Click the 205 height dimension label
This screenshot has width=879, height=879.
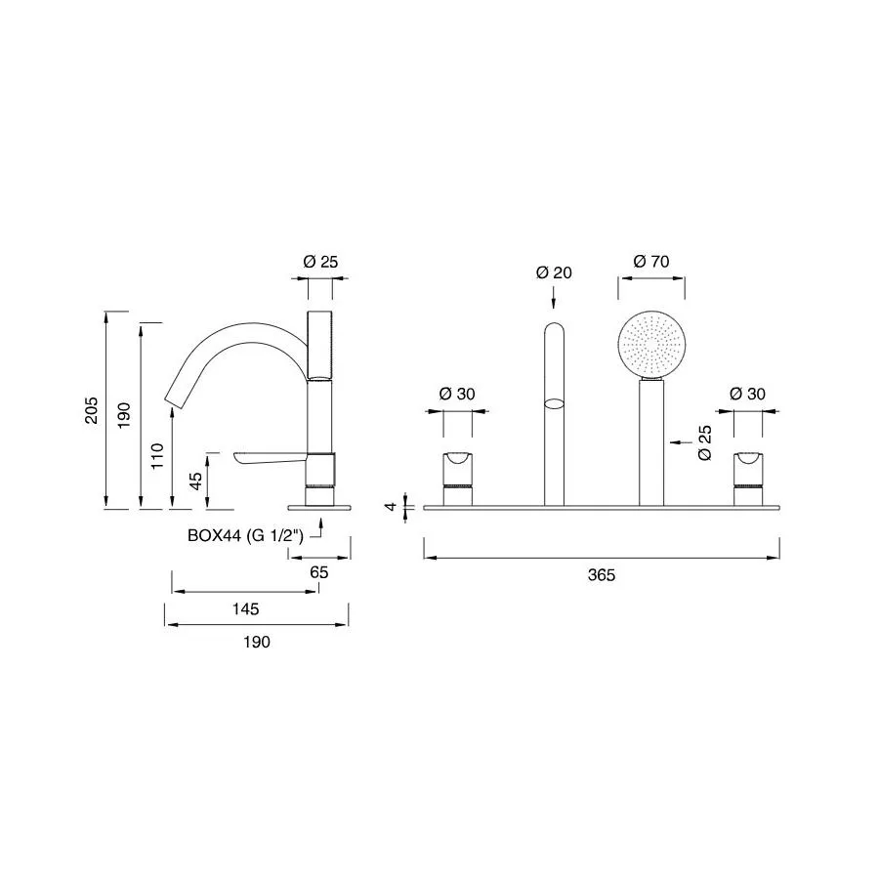point(92,410)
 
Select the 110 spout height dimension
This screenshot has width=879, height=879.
point(157,456)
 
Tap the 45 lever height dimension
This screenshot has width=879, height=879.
point(195,481)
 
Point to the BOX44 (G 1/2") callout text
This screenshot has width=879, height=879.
point(245,535)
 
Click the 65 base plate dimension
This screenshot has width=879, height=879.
point(319,572)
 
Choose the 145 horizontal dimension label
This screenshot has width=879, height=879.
point(245,608)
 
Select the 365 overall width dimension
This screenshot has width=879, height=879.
point(602,575)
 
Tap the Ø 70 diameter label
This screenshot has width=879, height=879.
point(651,261)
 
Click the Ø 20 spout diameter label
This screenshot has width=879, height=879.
point(554,272)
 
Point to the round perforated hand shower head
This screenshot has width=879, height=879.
point(651,346)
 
